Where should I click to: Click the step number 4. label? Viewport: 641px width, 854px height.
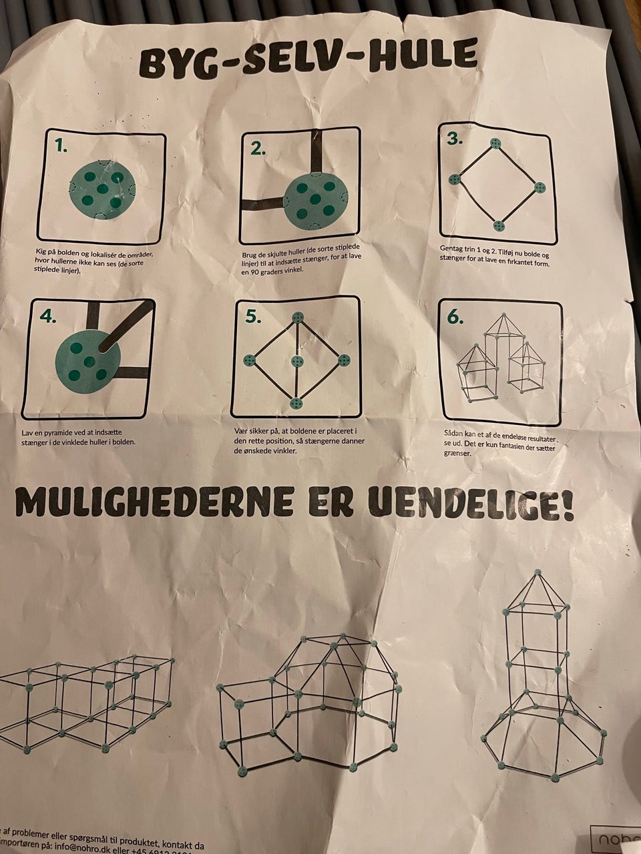pos(48,318)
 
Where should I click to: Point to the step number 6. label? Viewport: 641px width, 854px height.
pos(455,318)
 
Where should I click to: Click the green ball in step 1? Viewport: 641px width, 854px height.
pos(102,190)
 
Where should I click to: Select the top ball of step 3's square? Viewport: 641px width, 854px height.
pos(495,143)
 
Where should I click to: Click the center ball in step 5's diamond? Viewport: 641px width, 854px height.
pos(298,361)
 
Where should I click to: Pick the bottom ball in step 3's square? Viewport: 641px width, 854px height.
pos(497,225)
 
